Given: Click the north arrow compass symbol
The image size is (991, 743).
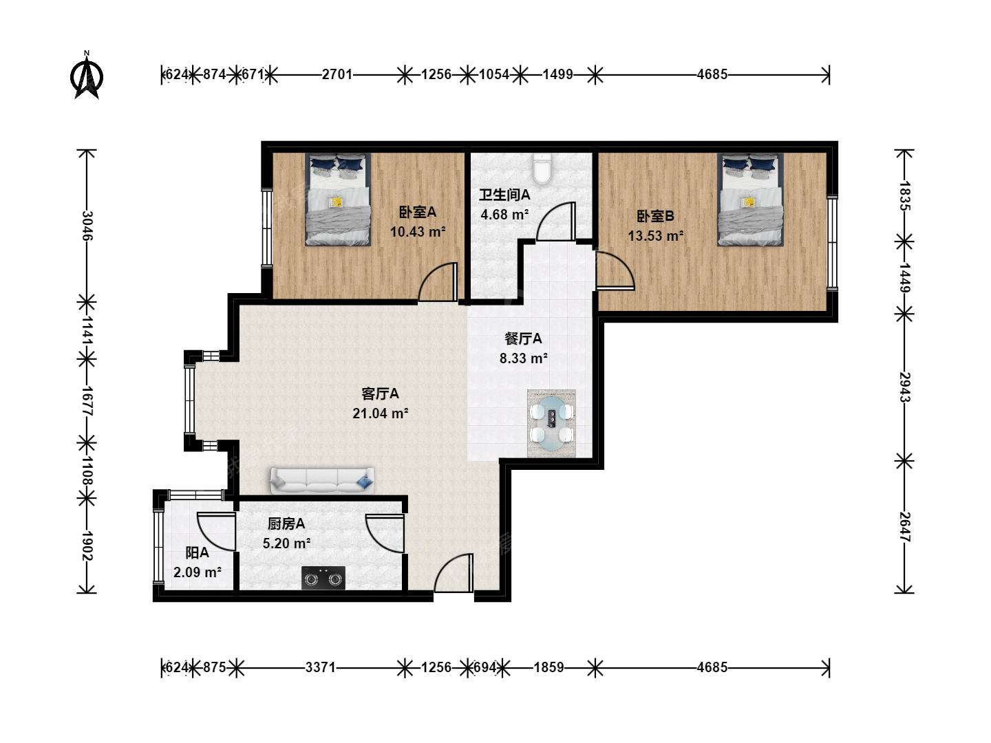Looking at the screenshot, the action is (87, 76).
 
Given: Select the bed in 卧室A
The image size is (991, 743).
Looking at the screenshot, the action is (338, 200).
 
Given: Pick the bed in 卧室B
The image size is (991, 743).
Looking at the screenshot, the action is (750, 200).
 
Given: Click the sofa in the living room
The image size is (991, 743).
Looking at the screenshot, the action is (322, 480).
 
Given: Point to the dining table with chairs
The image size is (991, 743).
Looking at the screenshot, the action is (552, 423).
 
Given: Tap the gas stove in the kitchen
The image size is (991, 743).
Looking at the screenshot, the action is (323, 578).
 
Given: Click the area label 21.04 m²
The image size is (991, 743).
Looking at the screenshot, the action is (380, 413).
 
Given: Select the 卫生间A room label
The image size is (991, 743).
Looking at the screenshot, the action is (504, 195).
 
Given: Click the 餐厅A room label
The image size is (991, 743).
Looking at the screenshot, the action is (523, 338).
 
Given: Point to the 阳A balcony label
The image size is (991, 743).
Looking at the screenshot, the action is (198, 552).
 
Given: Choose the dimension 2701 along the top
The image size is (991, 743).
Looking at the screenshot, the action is (337, 74).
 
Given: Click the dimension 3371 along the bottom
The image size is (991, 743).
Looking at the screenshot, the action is (321, 667).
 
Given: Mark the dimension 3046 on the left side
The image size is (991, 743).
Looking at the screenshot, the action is (87, 226).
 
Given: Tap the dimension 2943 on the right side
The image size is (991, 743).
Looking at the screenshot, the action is (905, 387).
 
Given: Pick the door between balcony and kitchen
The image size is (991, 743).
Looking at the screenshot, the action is (217, 532).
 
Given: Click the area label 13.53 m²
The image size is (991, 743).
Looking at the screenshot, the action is (656, 236).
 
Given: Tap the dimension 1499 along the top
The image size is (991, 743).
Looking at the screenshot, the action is (557, 74).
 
